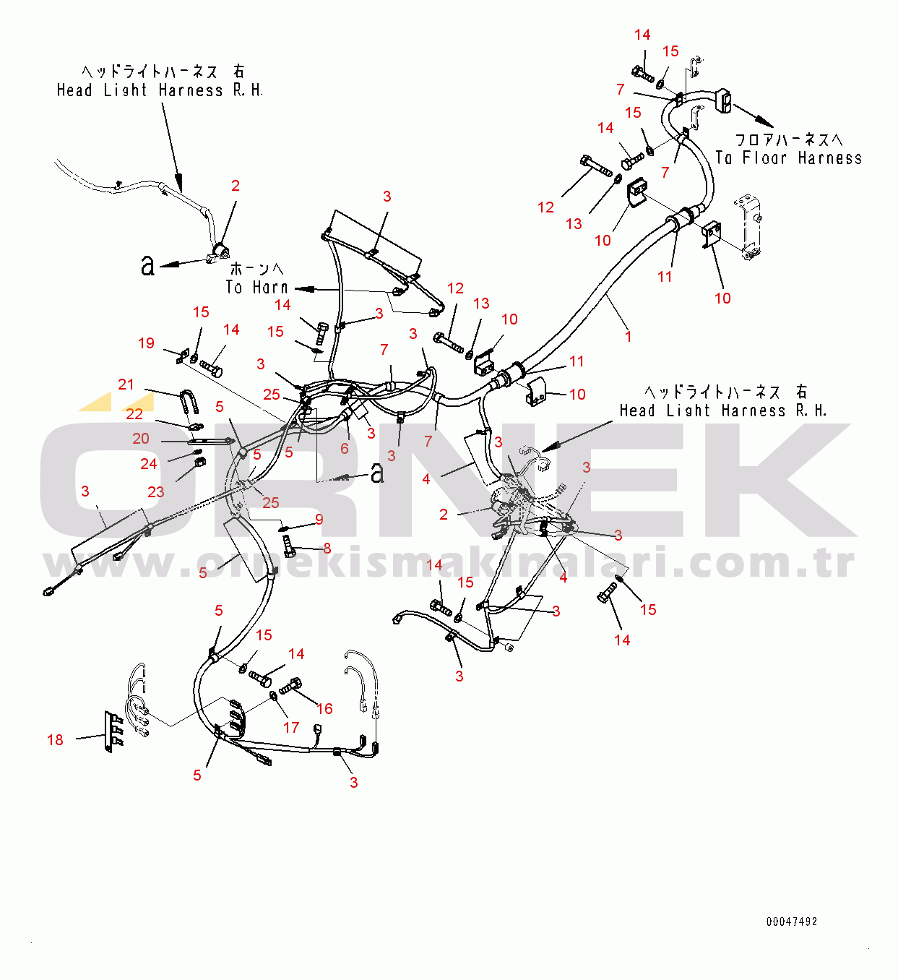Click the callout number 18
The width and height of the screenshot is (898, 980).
(55, 739)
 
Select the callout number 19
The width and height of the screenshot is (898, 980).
(146, 343)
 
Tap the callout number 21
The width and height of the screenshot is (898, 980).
(126, 384)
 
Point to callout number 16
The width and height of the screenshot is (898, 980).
(324, 708)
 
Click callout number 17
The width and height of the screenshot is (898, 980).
(291, 728)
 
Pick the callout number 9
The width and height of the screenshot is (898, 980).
(319, 519)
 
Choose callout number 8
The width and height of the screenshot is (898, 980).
(327, 548)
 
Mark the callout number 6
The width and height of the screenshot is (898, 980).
(345, 449)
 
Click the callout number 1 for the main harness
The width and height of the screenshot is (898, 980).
(629, 336)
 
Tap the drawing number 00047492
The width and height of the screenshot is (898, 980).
(792, 921)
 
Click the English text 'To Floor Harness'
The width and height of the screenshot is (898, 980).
(789, 158)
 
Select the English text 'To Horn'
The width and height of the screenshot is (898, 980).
(257, 287)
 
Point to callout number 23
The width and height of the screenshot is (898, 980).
(156, 491)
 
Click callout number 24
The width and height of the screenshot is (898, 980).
(149, 463)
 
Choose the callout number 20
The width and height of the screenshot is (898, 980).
(141, 438)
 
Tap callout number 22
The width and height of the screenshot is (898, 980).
(134, 414)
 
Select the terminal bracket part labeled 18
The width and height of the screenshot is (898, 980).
(113, 731)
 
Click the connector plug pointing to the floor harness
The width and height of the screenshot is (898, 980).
(724, 100)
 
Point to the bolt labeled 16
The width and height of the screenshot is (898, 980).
(290, 686)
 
